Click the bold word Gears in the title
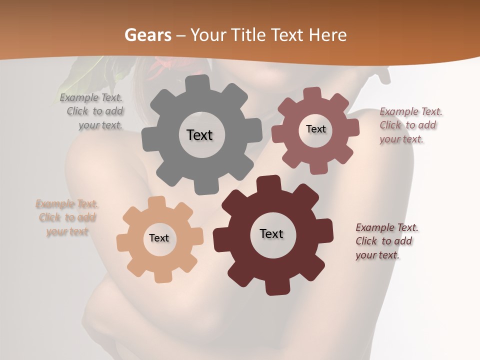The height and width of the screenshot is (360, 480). click(x=148, y=35)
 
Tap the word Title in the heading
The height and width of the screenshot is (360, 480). click(x=248, y=35)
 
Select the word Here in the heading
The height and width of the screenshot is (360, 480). click(x=327, y=35)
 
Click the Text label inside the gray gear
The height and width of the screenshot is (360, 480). click(x=199, y=135)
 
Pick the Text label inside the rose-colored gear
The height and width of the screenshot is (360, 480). click(x=315, y=129)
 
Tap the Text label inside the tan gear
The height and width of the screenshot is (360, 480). click(x=159, y=238)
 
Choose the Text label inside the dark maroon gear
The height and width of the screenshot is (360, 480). click(x=271, y=233)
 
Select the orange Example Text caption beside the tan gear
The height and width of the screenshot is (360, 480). click(x=67, y=217)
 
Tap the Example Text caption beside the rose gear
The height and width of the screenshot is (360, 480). click(x=410, y=125)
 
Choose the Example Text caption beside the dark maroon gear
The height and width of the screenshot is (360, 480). click(x=386, y=241)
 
